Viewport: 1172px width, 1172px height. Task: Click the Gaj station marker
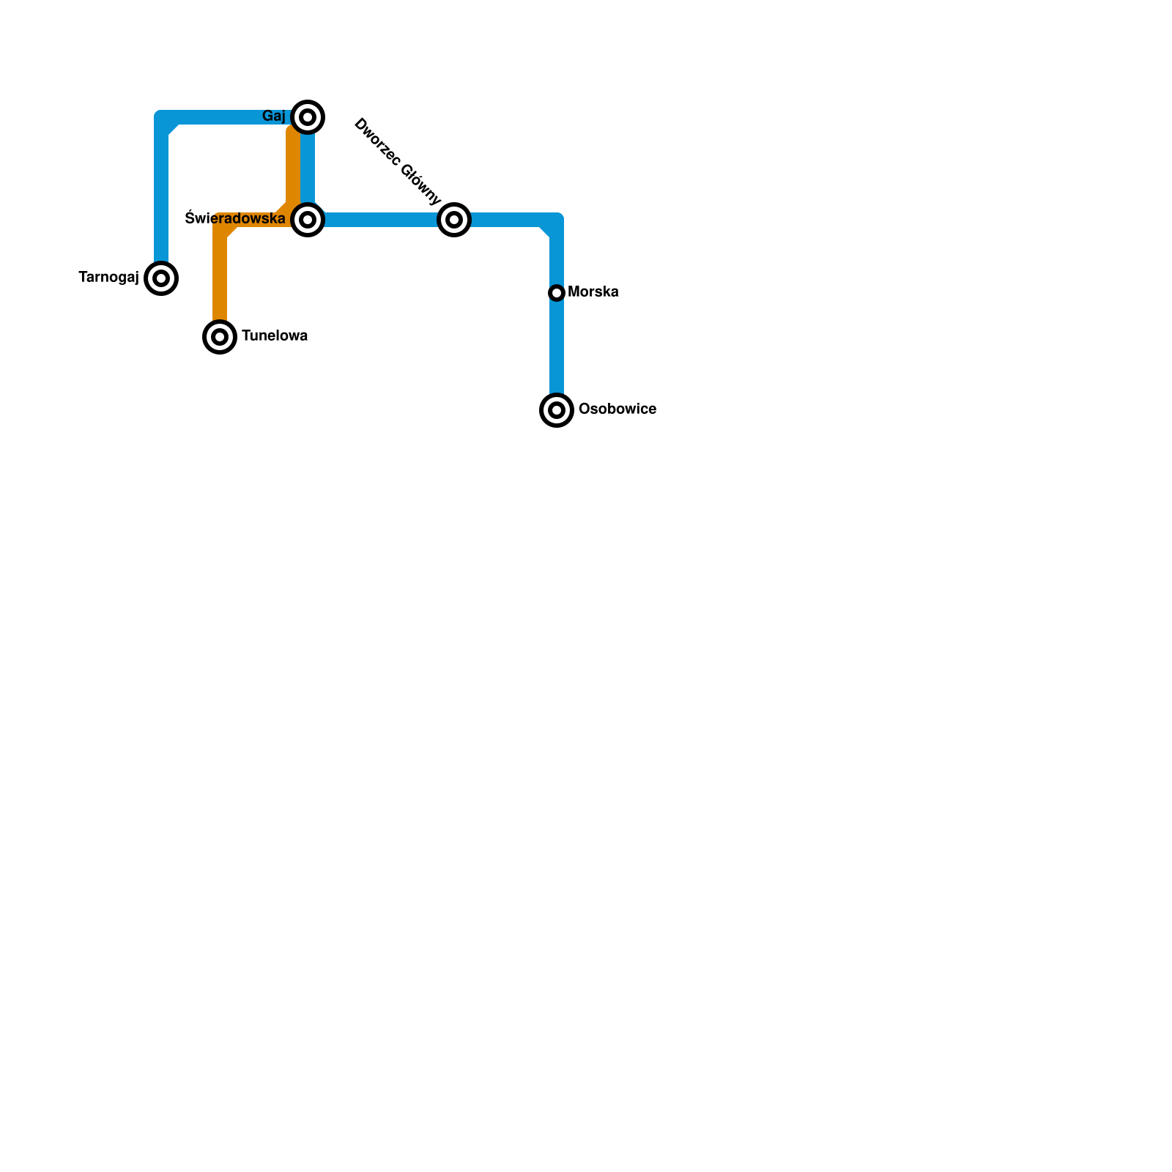pos(308,117)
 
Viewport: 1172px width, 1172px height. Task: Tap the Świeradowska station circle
pos(308,219)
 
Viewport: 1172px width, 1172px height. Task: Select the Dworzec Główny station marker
pos(454,219)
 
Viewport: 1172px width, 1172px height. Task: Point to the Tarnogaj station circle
pos(161,278)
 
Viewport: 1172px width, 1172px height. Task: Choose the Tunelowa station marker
pos(220,337)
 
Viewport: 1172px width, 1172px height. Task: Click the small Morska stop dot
pos(557,293)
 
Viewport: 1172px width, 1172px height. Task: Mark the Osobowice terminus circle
pos(557,409)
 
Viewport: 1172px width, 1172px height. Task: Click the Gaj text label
pos(274,116)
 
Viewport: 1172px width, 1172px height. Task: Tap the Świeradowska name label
pos(235,218)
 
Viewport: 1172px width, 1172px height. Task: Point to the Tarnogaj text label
pos(108,278)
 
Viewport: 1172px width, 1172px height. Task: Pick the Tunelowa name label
pos(275,336)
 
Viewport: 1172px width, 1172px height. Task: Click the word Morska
pos(593,292)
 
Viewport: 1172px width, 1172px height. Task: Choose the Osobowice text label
pos(617,409)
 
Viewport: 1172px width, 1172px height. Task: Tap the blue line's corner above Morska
pos(555,221)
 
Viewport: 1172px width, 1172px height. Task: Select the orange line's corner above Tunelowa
pos(221,221)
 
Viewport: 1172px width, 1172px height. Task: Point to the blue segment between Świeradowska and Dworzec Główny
pos(381,219)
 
